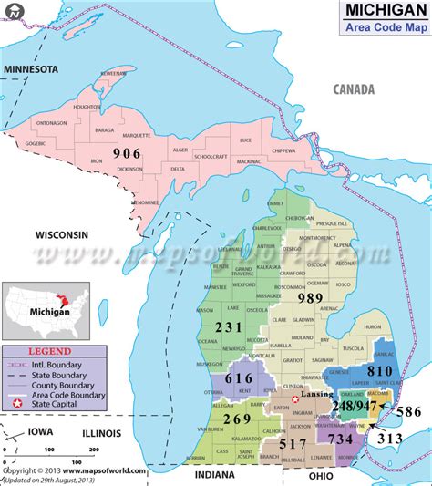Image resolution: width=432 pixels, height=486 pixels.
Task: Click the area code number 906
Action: click(128, 154)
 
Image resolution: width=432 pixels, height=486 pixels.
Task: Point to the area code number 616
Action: click(239, 377)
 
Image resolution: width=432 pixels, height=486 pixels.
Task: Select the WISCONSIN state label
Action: click(62, 234)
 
